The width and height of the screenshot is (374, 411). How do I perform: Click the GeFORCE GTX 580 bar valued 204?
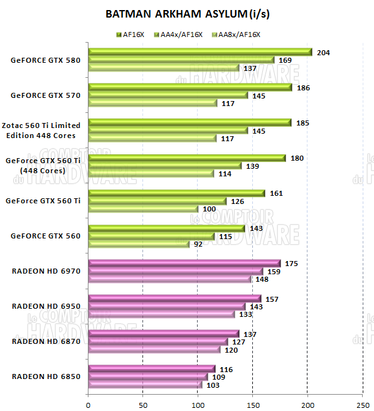[200, 52]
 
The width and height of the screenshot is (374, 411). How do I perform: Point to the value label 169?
[285, 61]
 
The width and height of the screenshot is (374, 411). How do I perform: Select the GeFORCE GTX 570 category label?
[46, 96]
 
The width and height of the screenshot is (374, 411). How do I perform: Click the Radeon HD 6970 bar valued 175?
[184, 264]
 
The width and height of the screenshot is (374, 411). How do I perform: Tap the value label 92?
[199, 245]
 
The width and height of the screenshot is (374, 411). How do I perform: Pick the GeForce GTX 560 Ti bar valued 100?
[143, 209]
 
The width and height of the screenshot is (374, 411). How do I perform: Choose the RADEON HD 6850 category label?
[46, 376]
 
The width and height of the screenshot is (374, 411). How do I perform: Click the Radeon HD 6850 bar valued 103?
[145, 385]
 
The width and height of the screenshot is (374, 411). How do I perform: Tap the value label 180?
[297, 158]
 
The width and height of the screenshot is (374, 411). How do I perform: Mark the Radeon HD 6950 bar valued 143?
[167, 307]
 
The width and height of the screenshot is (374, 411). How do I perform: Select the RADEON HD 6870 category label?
[46, 341]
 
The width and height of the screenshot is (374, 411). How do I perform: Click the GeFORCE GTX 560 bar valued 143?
[167, 228]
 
